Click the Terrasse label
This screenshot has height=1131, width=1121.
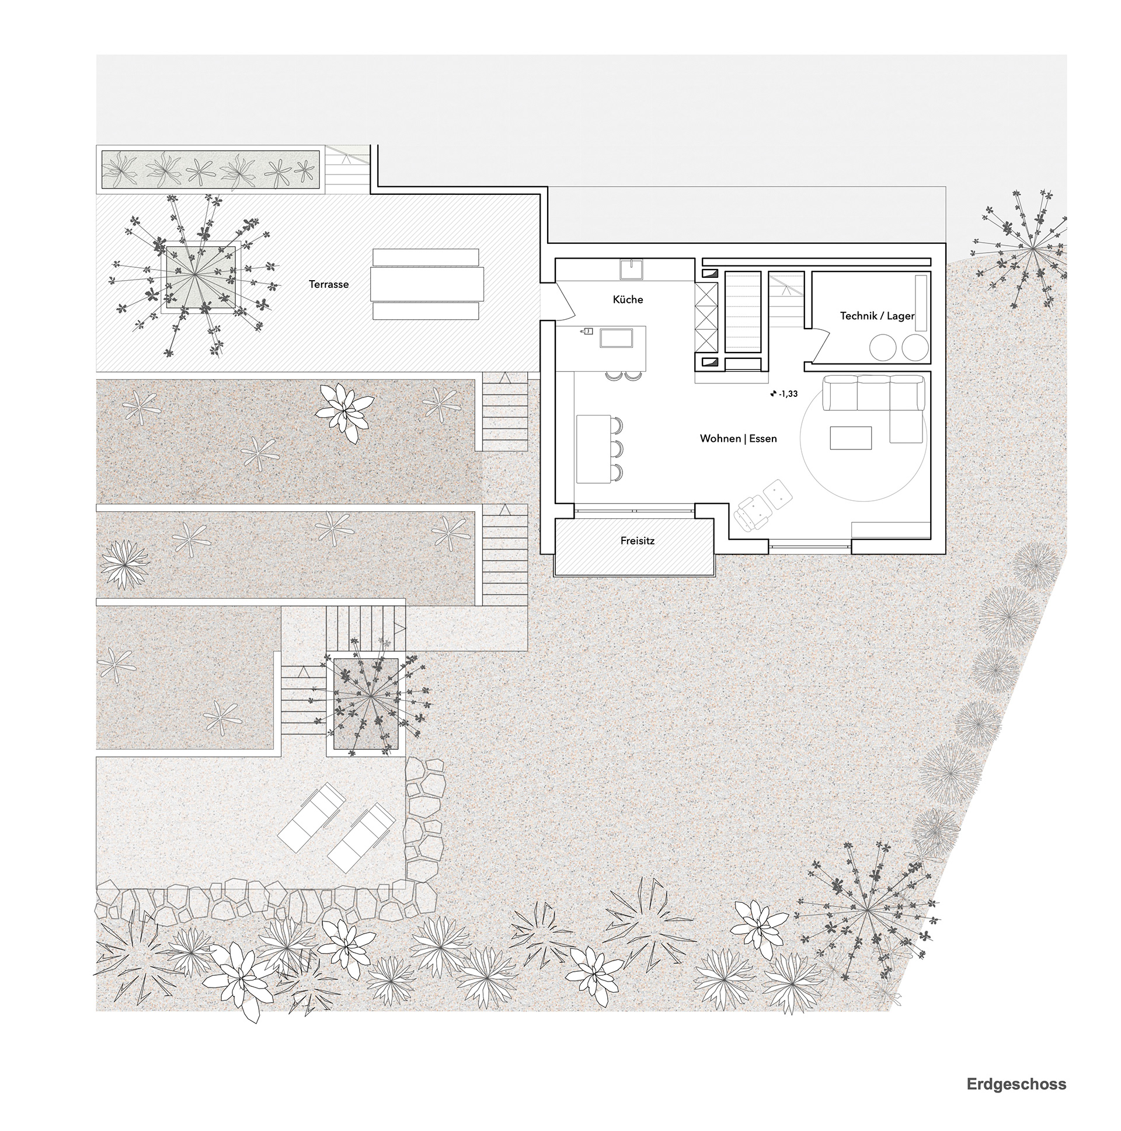(x=329, y=285)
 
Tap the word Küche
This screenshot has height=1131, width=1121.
(x=628, y=300)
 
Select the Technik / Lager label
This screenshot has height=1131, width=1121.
(x=877, y=316)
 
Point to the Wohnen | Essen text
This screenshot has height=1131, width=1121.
(x=738, y=438)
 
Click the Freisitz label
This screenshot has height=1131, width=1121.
(x=637, y=541)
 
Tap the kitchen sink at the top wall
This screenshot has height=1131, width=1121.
(x=632, y=270)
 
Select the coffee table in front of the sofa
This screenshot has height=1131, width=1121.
(x=851, y=437)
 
